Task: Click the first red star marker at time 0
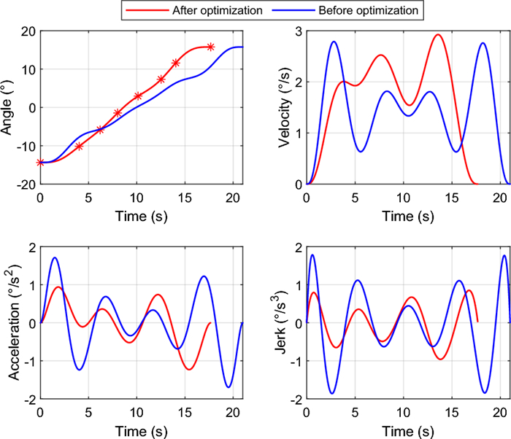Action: point(40,163)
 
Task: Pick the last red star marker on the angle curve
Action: point(210,47)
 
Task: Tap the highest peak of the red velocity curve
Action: point(438,34)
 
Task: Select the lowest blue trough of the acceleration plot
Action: point(228,387)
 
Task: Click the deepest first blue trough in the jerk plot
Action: point(331,394)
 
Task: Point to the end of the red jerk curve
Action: point(477,322)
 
